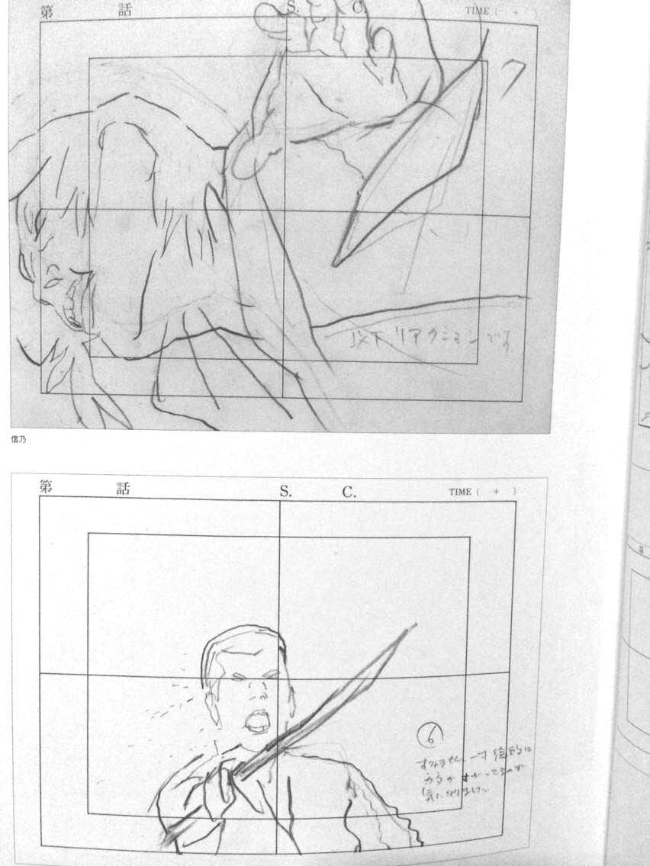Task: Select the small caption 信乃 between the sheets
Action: (19, 438)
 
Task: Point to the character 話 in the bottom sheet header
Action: (123, 488)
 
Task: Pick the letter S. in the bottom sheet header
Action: (285, 492)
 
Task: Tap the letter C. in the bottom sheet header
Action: (349, 492)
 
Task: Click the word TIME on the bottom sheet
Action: (460, 492)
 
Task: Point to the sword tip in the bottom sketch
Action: (414, 627)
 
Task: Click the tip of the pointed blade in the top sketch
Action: (335, 265)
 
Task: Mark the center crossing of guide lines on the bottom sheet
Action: (278, 675)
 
